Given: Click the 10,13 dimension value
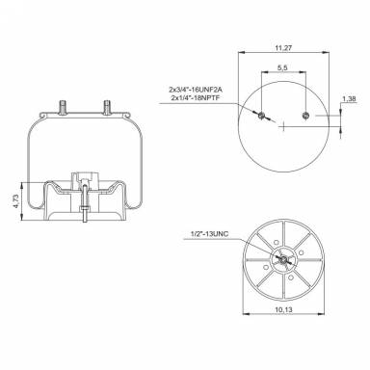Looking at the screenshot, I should point(283,311).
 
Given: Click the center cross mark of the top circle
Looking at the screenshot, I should point(282,128).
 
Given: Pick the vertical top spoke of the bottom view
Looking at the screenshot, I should point(281,231).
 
